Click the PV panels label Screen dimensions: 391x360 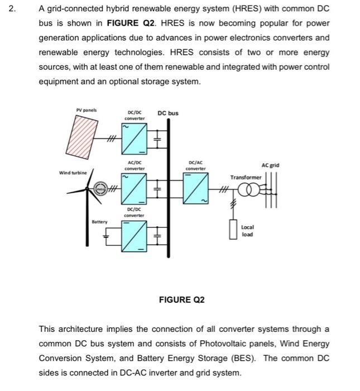point(86,109)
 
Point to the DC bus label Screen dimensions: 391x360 point(168,113)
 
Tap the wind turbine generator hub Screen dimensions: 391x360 point(100,190)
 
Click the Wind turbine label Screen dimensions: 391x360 point(73,173)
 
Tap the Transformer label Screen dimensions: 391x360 point(246,177)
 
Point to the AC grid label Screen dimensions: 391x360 point(270,165)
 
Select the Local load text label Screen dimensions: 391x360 point(247,231)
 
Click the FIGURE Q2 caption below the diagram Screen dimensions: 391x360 point(182,300)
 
